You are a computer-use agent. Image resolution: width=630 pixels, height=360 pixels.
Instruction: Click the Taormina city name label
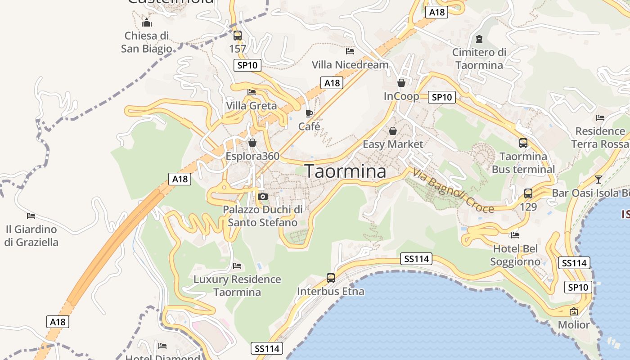tap(346, 171)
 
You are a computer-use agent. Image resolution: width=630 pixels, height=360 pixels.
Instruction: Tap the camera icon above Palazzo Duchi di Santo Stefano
tap(263, 196)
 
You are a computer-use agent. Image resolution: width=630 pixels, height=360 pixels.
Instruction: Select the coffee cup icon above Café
tap(309, 113)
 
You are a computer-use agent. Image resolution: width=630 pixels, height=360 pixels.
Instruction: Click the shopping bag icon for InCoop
tap(401, 83)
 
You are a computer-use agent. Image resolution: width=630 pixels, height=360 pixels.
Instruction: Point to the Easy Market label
tap(393, 144)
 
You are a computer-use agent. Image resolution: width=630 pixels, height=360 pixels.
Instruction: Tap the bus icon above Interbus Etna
tap(331, 278)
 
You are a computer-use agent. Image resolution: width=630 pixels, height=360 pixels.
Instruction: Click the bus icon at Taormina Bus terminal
tap(523, 143)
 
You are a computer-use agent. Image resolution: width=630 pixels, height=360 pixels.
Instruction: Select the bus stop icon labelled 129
tap(528, 193)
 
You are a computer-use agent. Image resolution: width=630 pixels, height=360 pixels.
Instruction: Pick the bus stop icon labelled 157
tap(238, 35)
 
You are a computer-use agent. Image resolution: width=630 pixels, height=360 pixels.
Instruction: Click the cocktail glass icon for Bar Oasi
tap(598, 179)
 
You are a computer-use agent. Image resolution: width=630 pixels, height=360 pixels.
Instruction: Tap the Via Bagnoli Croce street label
tap(453, 190)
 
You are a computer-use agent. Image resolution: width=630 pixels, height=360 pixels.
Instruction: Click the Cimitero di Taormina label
tap(479, 58)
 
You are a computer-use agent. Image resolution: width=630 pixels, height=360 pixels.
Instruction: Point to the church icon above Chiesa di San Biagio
tap(146, 22)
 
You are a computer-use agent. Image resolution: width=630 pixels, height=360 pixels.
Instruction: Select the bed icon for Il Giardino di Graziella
tap(31, 216)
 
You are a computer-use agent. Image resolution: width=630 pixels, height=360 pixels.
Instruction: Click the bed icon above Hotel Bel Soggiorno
tap(515, 235)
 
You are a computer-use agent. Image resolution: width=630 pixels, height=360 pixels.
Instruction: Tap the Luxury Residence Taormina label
tap(237, 286)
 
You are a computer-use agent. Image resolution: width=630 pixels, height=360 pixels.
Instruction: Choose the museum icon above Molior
tap(574, 311)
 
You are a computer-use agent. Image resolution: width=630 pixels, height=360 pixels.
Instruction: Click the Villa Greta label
tap(251, 106)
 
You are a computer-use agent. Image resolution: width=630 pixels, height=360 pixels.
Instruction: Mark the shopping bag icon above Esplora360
tap(252, 143)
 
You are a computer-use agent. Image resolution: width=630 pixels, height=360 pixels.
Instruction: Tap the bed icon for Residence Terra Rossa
tap(600, 118)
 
